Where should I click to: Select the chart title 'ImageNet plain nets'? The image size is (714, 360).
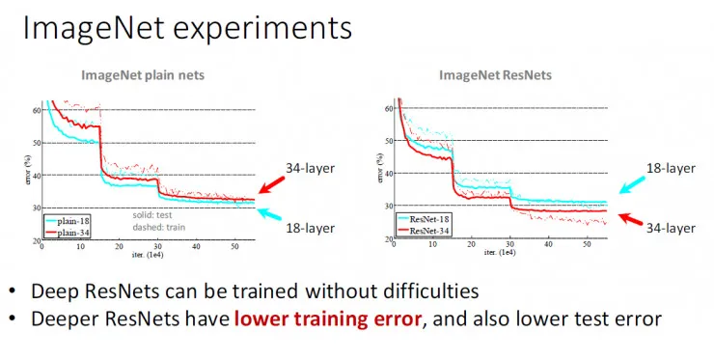(x=142, y=74)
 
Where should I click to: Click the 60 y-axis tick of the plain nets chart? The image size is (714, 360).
(x=35, y=109)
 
